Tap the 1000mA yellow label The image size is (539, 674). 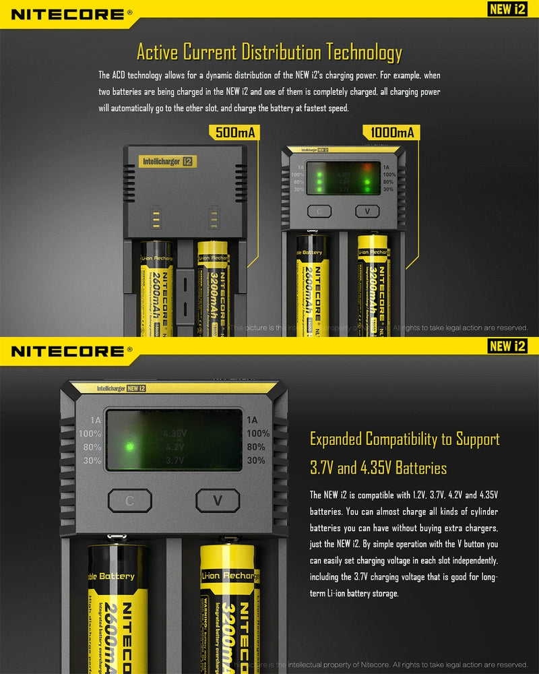point(391,132)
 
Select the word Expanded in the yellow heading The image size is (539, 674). point(336,439)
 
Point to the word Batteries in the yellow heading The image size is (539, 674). point(420,467)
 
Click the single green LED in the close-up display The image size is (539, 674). point(126,446)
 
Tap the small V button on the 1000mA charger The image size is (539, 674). point(367,211)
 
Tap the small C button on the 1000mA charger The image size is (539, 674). point(320,211)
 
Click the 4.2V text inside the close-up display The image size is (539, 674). point(175,446)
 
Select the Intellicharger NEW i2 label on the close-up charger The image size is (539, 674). point(121,388)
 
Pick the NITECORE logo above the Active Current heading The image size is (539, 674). point(67,13)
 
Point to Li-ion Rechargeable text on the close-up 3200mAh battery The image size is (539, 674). point(230,576)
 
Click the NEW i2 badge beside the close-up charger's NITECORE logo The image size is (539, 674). point(507,346)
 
